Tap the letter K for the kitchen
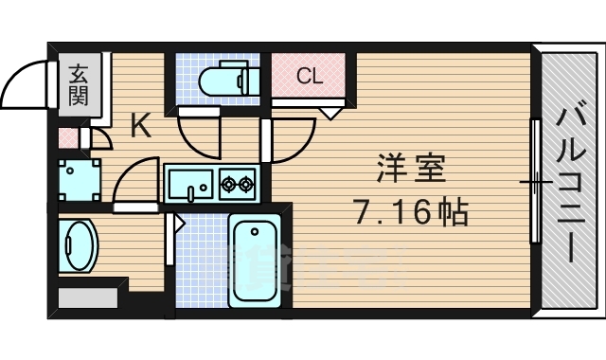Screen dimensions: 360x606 [x=140, y=126]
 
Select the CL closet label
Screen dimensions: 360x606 [x=309, y=77]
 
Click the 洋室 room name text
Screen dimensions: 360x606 [x=407, y=171]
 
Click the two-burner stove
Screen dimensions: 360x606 [x=237, y=183]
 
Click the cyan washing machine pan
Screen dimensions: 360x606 [x=78, y=177]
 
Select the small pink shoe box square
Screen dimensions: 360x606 [x=66, y=137]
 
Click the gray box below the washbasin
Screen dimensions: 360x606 [x=87, y=297]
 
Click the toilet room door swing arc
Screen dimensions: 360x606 [x=202, y=137]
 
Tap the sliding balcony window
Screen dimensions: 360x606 [x=535, y=180]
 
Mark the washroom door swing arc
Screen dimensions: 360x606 [x=133, y=180]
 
